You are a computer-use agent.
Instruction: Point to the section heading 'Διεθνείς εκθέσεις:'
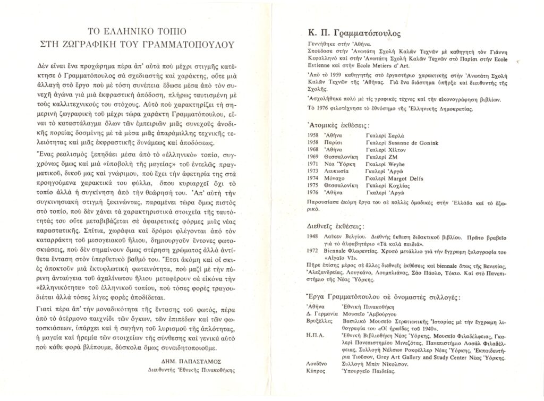tap(334, 225)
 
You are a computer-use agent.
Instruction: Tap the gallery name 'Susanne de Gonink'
tap(403, 143)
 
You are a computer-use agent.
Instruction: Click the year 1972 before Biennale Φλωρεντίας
tap(313, 251)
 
